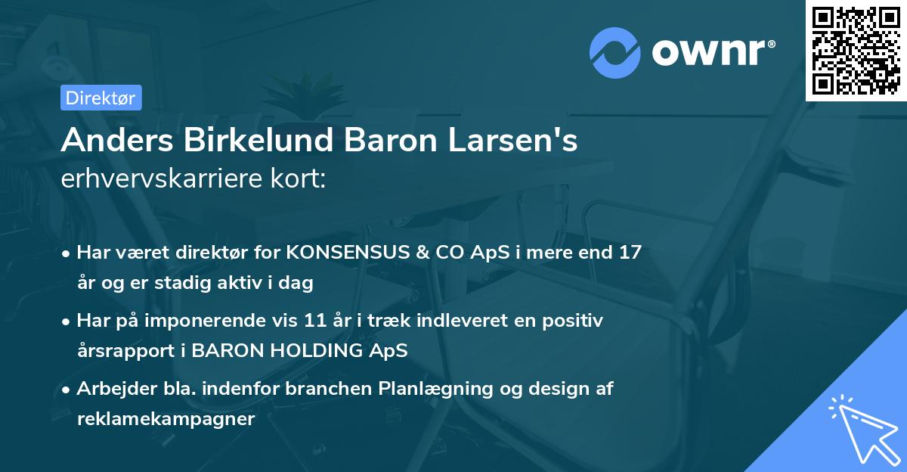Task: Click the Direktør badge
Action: tap(101, 98)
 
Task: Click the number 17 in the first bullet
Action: tap(629, 252)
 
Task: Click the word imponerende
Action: tap(220, 321)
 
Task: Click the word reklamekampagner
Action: tap(166, 419)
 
